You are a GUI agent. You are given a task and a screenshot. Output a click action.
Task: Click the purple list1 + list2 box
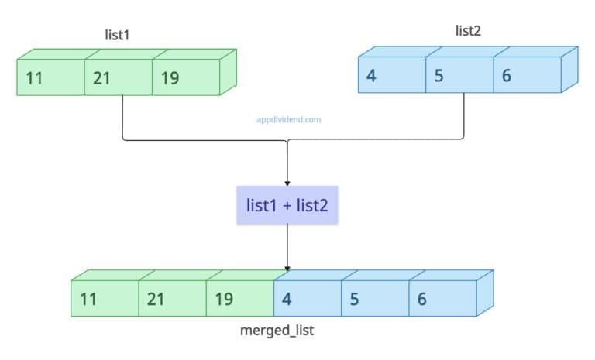[287, 205]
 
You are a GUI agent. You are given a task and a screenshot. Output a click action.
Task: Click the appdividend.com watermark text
[288, 120]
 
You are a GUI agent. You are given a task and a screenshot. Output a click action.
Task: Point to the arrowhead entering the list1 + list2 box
[287, 181]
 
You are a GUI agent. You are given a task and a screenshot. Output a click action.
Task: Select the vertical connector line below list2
[463, 116]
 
